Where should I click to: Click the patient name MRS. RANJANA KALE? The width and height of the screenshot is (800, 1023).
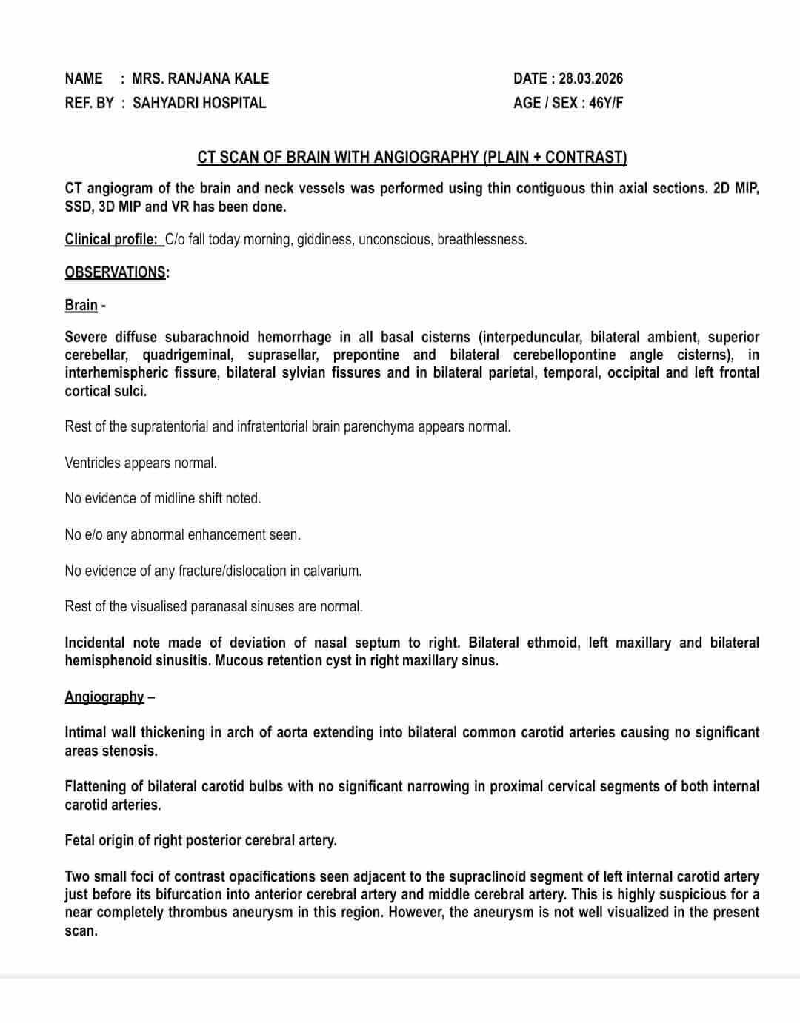click(x=200, y=78)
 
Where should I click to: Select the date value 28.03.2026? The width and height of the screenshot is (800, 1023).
click(x=590, y=78)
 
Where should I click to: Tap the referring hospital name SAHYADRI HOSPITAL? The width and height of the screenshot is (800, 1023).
click(x=199, y=103)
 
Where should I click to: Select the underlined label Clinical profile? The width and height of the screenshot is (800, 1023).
click(x=111, y=239)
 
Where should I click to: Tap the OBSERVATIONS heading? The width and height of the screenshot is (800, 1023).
click(x=116, y=272)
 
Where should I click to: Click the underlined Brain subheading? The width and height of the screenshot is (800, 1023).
click(x=81, y=305)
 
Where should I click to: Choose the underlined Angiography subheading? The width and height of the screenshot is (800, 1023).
click(x=104, y=697)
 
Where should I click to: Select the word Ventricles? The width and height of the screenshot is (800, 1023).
click(x=93, y=463)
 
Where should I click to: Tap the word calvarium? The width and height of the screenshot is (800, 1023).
click(x=330, y=571)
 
